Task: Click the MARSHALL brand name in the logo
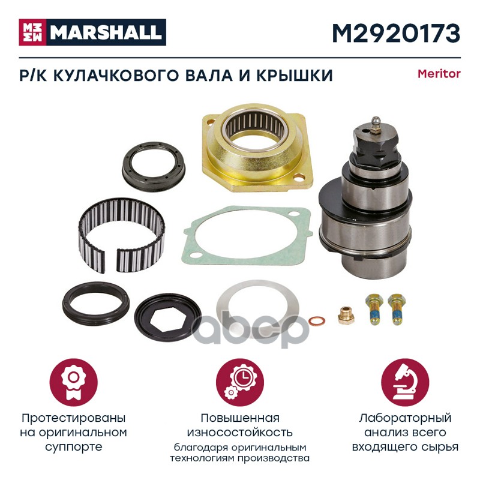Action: pos(106,32)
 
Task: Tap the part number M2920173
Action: pos(396,33)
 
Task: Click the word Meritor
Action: pos(439,74)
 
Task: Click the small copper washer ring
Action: pos(317,322)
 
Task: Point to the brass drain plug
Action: pos(346,315)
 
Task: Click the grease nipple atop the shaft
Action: pos(375,125)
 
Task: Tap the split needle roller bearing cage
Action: pos(121,234)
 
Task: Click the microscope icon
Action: pos(404,382)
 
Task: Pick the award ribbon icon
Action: pos(73,382)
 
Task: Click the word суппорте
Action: pos(73,446)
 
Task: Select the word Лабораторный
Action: pos(405,418)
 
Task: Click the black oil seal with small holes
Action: pos(154,167)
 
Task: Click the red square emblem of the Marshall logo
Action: pos(32,32)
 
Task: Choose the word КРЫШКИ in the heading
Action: pos(294,76)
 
